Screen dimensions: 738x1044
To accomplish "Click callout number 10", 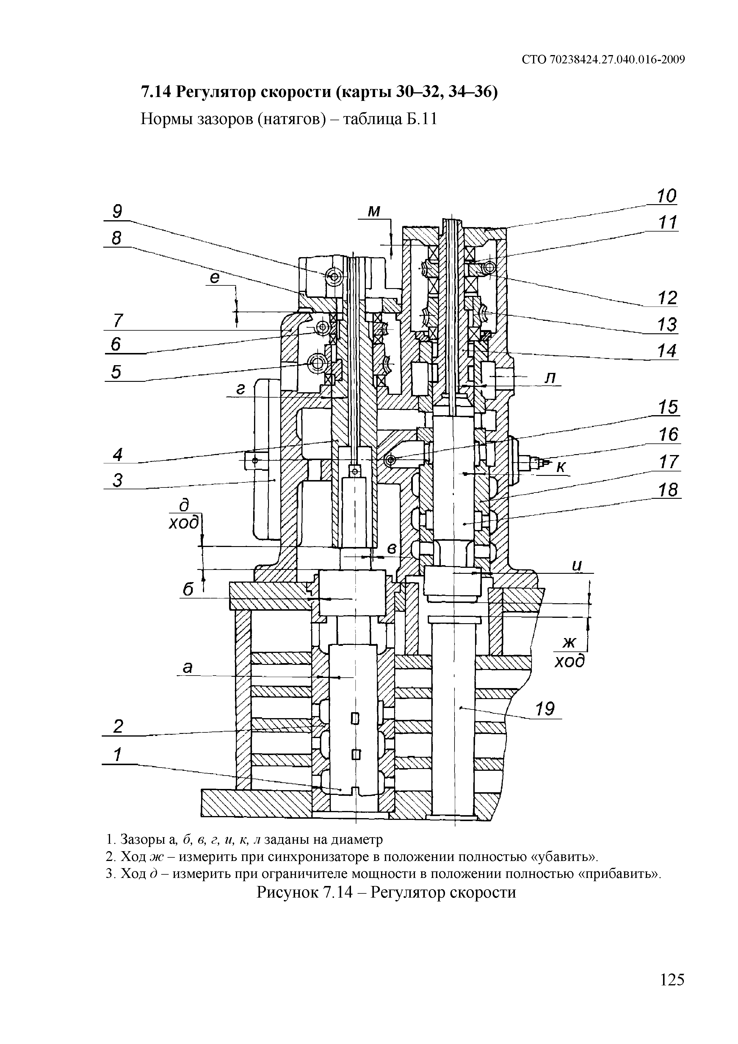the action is tap(666, 196).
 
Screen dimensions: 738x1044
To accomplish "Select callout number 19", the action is tap(545, 709).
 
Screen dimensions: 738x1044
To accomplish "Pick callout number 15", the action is tap(668, 407).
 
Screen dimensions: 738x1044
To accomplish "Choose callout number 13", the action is tap(667, 325).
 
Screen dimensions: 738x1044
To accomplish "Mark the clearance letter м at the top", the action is tap(374, 211).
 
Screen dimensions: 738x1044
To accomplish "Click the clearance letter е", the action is tap(215, 277).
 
